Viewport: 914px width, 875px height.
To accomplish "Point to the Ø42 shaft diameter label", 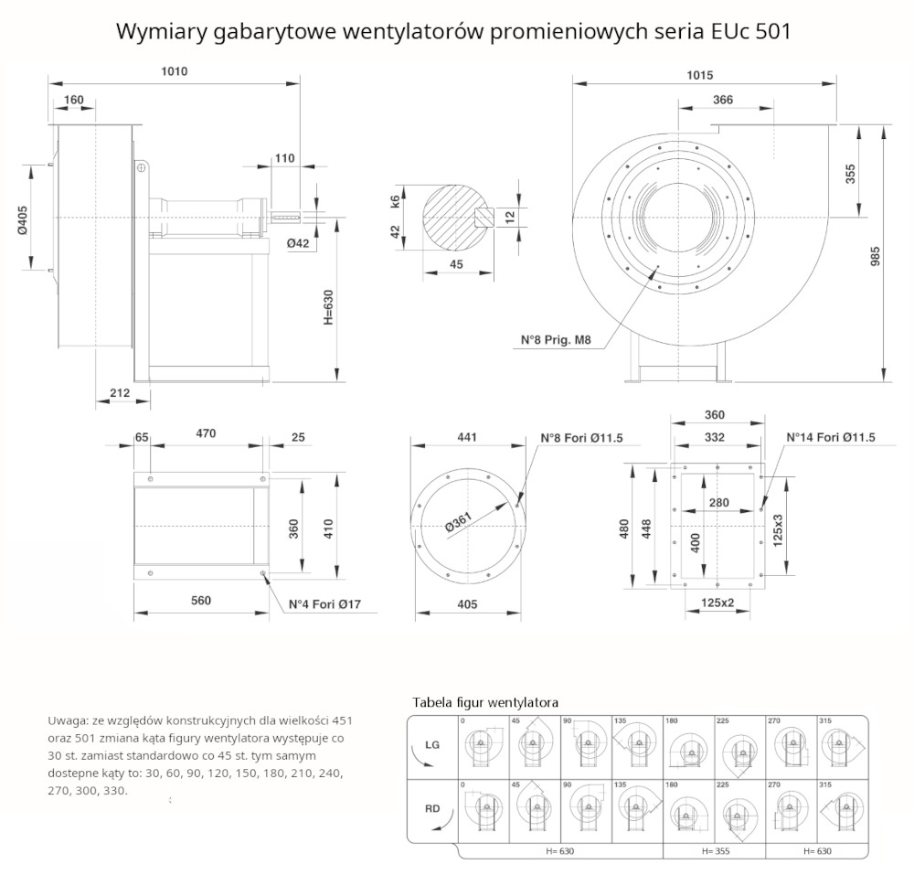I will point(298,243).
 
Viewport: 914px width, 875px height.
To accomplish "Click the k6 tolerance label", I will point(395,201).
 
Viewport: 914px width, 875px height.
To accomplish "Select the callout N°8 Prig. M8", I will point(557,341).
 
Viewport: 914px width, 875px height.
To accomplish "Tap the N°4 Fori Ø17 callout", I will point(325,604).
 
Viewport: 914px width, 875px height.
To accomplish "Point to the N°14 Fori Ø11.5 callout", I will point(831,438).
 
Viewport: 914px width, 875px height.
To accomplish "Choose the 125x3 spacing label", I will point(778,530).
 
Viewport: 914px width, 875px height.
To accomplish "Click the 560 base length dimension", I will point(201,601).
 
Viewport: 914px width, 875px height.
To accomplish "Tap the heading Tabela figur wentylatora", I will point(485,702).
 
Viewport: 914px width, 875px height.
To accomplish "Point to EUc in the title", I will point(731,31).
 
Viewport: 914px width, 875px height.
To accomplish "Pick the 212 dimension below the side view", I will point(120,393).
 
